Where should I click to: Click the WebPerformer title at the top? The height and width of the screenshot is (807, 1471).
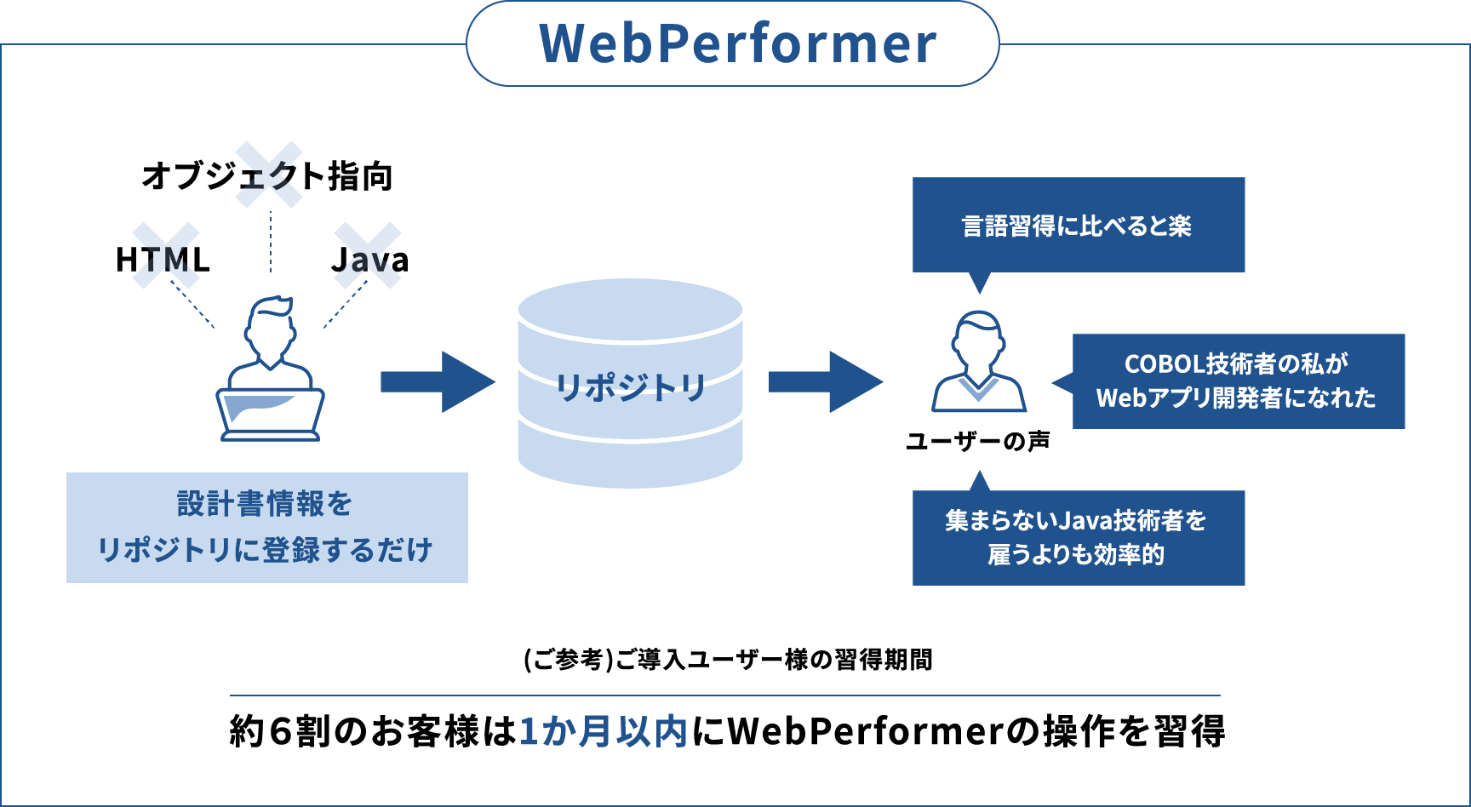tap(738, 43)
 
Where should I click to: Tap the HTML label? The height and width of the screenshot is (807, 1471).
tap(163, 260)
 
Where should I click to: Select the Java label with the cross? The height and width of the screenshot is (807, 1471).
tap(369, 260)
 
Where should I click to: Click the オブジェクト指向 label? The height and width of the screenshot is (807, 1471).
tap(267, 176)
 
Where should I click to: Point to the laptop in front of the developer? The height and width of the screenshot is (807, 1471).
tap(270, 415)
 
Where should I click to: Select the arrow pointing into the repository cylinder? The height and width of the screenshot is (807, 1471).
tap(438, 382)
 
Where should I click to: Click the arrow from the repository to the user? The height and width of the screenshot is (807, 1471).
tap(826, 382)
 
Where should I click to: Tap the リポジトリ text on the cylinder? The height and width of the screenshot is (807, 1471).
tap(631, 387)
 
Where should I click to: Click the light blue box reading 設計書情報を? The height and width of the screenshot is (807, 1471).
tap(267, 528)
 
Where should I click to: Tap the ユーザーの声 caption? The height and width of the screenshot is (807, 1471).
tap(978, 441)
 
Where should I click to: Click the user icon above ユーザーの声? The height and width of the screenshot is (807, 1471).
tap(979, 362)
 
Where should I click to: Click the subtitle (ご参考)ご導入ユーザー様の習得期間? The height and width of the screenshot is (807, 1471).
tap(728, 660)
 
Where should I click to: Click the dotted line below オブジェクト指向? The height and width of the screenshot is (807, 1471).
tap(271, 242)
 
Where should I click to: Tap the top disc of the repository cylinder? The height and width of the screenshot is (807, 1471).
tap(631, 311)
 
